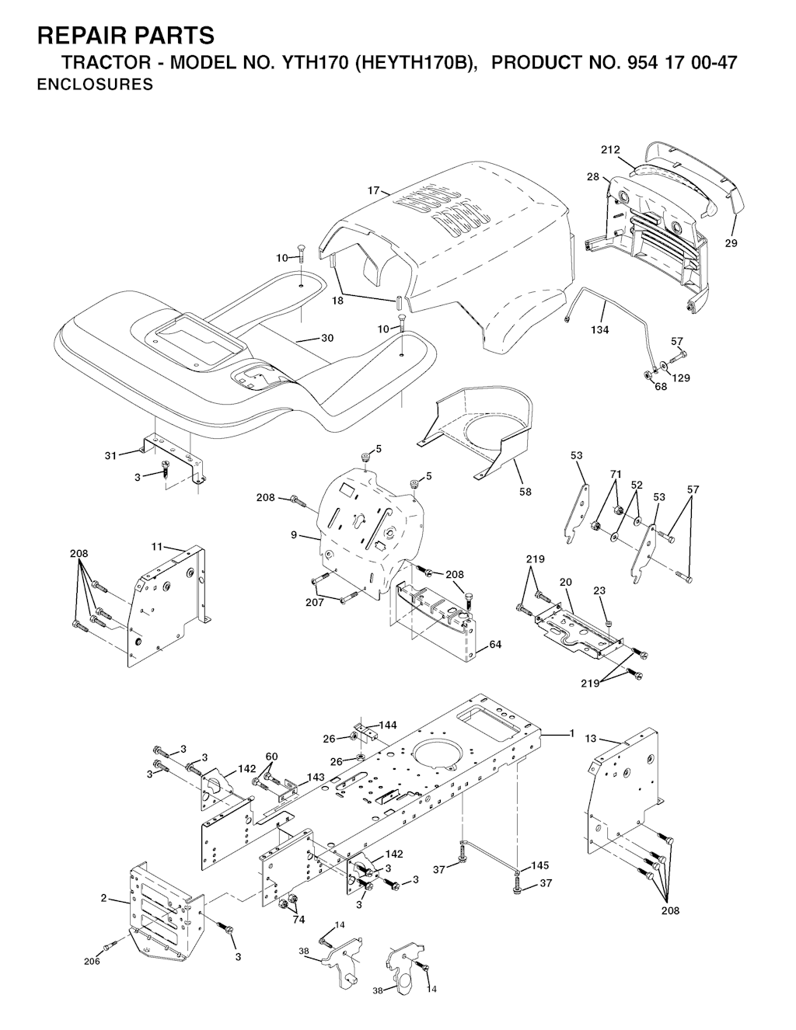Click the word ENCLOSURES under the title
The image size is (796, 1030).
pos(95,85)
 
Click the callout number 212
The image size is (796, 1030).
pos(610,150)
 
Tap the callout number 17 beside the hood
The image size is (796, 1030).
pos(373,190)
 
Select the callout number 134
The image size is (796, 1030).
pos(599,330)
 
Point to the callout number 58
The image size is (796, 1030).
pos(525,492)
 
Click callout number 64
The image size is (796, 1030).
pos(494,644)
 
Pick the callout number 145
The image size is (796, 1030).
pos(539,865)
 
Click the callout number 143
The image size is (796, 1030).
pos(316,777)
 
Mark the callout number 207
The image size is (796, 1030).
pos(315,603)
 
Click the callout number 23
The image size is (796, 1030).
pos(599,591)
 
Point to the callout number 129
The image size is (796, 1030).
pos(681,378)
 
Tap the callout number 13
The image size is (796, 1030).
pos(591,739)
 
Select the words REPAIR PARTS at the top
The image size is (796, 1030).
pos(126,36)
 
